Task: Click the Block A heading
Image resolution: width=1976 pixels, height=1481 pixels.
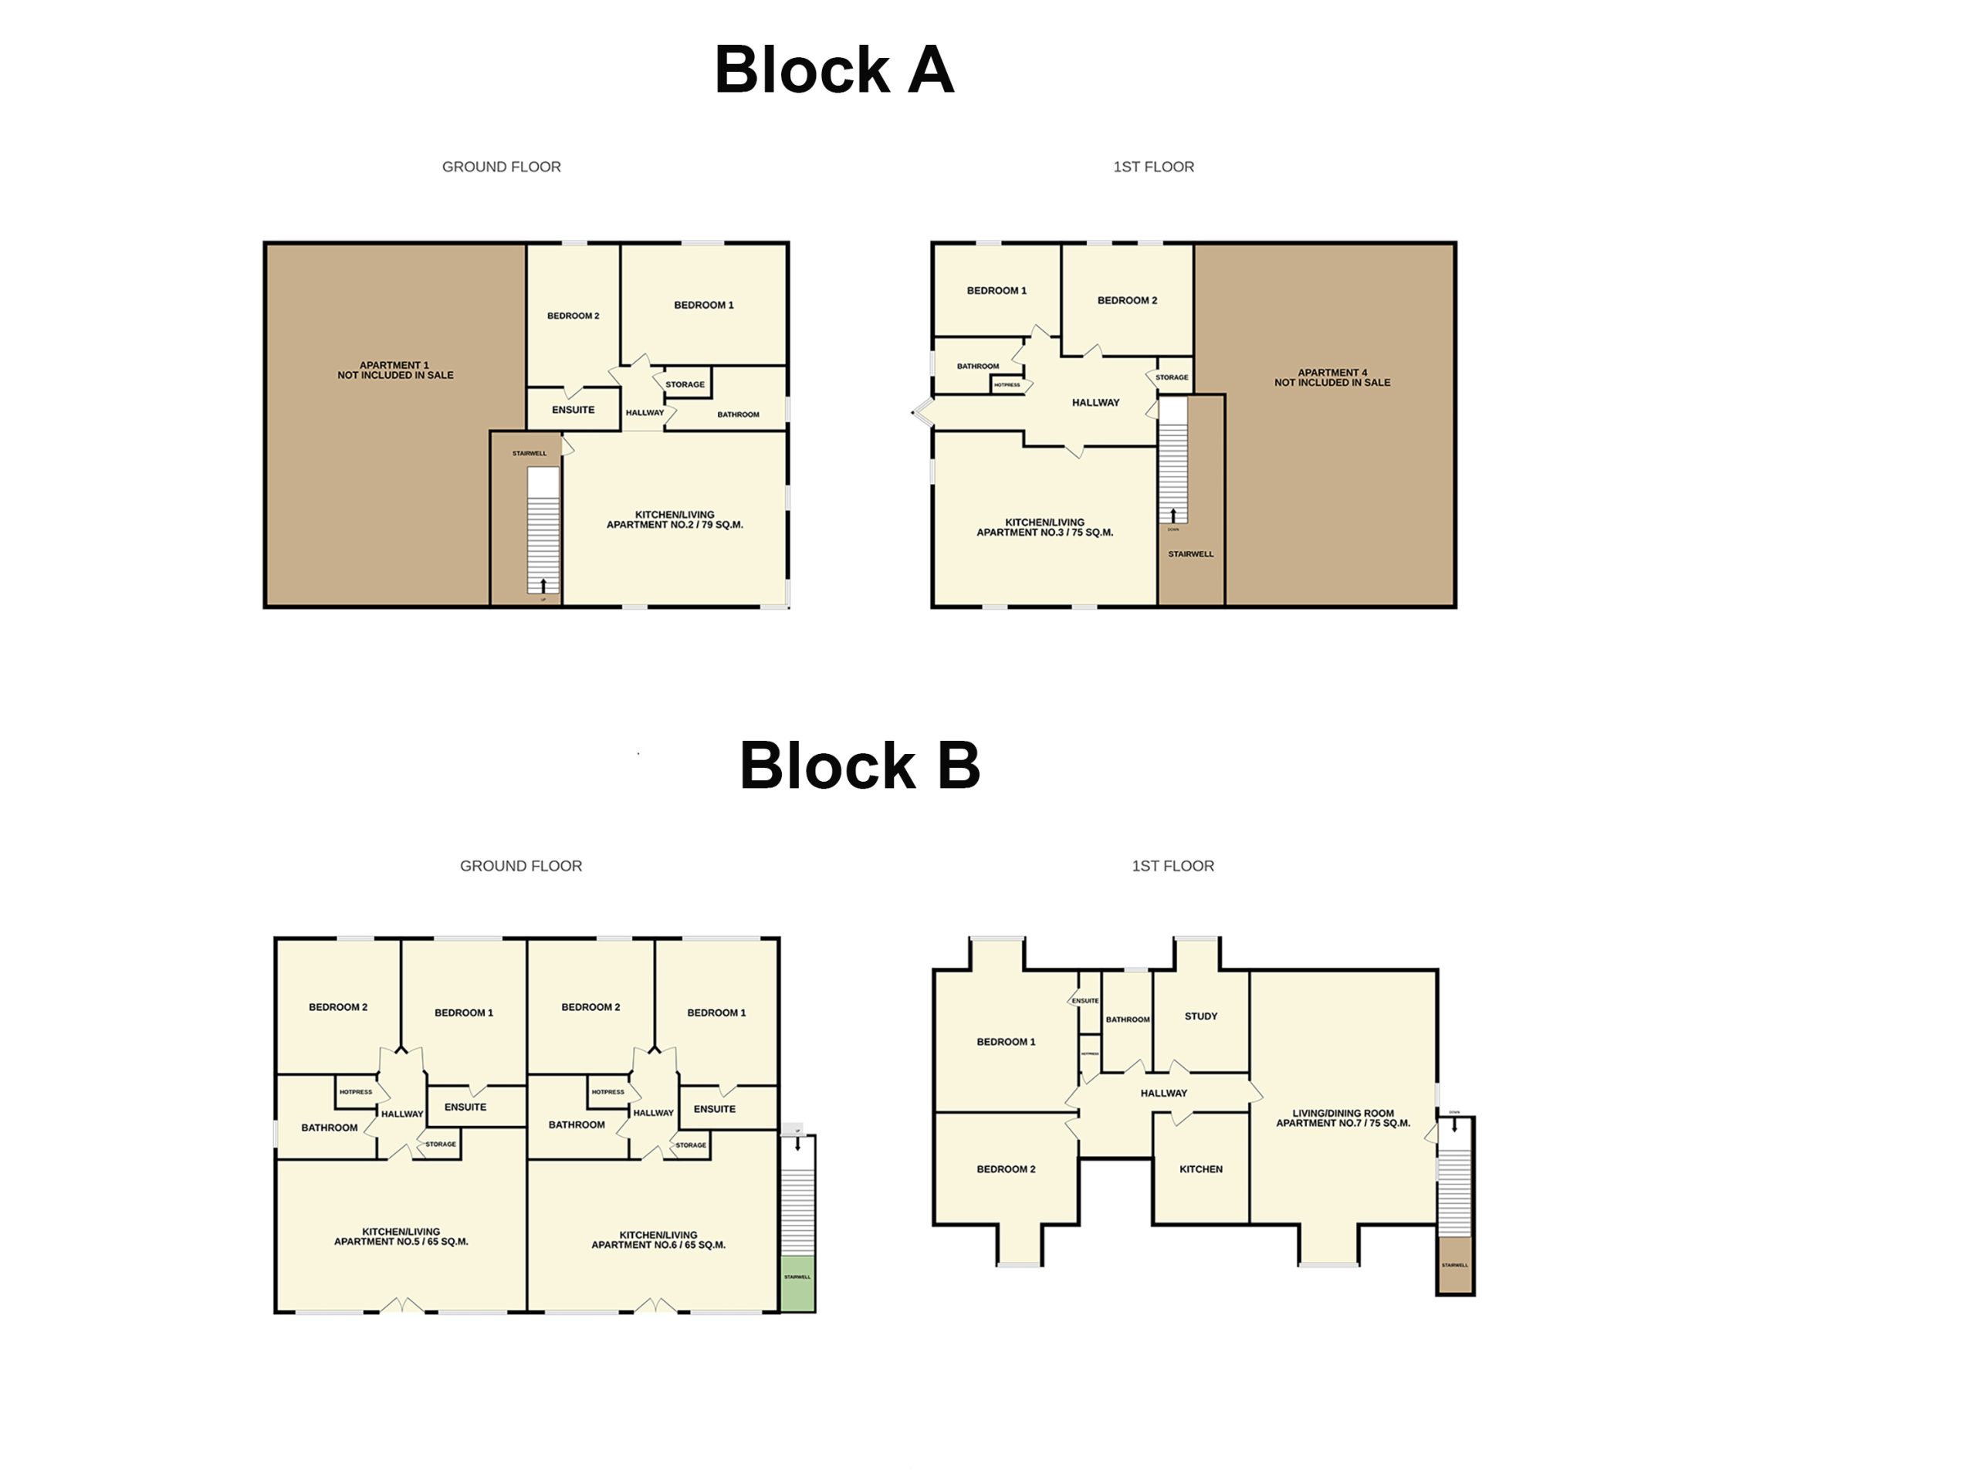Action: (x=834, y=69)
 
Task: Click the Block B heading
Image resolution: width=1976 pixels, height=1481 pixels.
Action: (x=859, y=766)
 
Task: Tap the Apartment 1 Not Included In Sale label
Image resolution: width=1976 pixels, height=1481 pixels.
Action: (x=395, y=370)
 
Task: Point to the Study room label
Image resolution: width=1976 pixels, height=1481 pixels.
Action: (x=1200, y=1016)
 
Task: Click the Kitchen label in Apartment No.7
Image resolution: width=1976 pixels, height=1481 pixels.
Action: (x=1200, y=1168)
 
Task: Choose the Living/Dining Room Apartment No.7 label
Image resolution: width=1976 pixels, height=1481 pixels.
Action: (x=1342, y=1118)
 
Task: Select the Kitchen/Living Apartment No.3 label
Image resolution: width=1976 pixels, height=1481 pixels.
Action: (x=1044, y=527)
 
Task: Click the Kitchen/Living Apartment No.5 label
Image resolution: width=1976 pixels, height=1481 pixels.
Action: (x=401, y=1236)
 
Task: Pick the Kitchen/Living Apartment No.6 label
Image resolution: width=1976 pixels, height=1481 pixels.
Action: (x=658, y=1239)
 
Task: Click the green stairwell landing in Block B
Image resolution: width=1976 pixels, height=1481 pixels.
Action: (x=797, y=1283)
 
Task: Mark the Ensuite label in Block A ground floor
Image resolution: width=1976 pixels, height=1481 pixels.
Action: (x=573, y=409)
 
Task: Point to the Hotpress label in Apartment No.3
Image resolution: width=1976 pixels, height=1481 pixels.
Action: (x=1007, y=385)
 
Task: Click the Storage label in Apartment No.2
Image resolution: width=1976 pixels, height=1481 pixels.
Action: (x=685, y=384)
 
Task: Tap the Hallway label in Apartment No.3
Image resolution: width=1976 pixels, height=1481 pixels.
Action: (x=1095, y=402)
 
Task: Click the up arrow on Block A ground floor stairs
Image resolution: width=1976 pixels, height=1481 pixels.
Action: (x=543, y=586)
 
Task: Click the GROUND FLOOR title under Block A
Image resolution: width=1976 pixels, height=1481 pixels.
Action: (x=501, y=166)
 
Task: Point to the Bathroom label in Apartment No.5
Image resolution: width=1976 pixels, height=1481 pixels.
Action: (x=329, y=1128)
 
